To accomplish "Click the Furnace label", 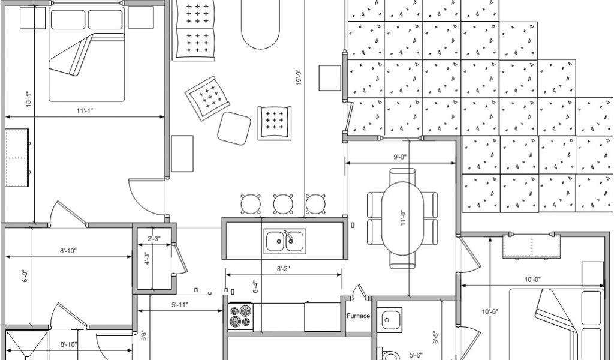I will pos(358,316).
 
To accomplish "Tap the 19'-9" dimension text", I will pos(299,77).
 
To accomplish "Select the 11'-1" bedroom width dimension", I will pos(85,110).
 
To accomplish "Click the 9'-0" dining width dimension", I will pos(400,157).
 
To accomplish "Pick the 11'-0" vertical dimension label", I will pos(404,217).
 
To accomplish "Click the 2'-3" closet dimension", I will pos(153,239).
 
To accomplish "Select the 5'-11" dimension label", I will pos(180,305).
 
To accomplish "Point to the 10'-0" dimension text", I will pos(532,280).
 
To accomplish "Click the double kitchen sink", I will pos(285,241).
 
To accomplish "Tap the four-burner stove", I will pos(240,316).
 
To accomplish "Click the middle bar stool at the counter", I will pos(282,204).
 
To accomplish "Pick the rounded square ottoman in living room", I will pos(234,127).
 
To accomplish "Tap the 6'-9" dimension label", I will pos(25,277).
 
